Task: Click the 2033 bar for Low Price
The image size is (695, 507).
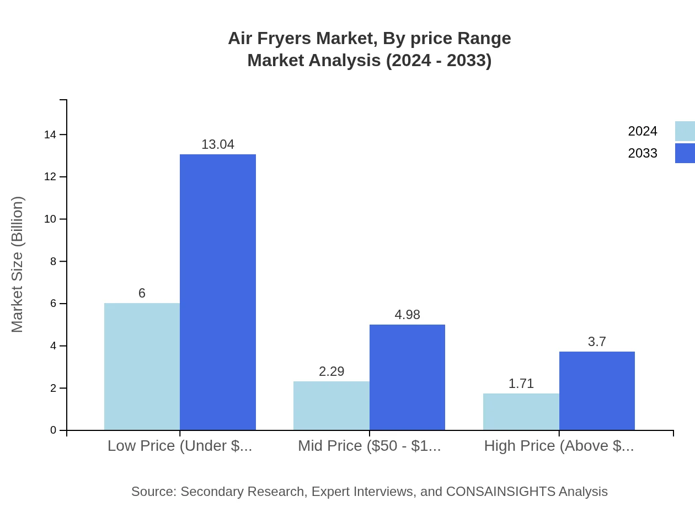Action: tap(218, 292)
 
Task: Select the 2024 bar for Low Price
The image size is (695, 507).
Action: tap(142, 366)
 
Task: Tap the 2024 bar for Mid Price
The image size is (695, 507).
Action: tap(332, 406)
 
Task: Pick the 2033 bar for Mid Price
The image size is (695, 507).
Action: tap(407, 377)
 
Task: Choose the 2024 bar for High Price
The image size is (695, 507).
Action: tap(521, 412)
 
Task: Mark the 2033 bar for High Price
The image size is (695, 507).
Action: tap(597, 391)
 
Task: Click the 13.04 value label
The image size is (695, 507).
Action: tap(218, 144)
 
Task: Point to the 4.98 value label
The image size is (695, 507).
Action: tap(407, 315)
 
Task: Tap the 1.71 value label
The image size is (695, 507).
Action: tap(521, 384)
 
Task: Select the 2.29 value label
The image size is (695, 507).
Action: tap(332, 371)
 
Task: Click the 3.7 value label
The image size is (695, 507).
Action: tap(597, 342)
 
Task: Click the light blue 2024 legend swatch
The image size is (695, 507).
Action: tap(685, 131)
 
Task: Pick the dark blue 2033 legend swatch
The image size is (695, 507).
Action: tap(685, 153)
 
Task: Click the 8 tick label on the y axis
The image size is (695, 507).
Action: tap(54, 261)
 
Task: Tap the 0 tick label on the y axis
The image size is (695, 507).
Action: tap(54, 430)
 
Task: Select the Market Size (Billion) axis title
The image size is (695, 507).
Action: tap(17, 265)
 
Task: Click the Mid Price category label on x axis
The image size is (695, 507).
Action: tap(370, 446)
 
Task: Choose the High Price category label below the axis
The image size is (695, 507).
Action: tap(559, 446)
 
